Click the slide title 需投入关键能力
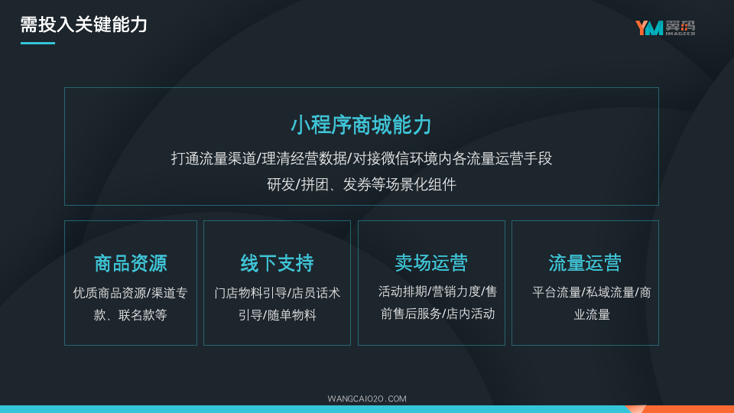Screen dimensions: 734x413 click(x=84, y=24)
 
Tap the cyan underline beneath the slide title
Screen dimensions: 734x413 click(x=38, y=43)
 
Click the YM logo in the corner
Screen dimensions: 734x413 click(x=664, y=28)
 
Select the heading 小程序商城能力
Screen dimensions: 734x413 click(x=361, y=125)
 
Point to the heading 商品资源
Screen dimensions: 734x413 click(x=131, y=263)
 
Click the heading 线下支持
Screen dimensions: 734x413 click(x=277, y=263)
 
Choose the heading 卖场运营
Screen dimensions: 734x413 click(x=431, y=262)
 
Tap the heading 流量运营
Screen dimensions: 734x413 click(x=585, y=262)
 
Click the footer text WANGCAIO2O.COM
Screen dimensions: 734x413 click(x=367, y=399)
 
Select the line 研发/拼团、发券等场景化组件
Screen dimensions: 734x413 click(x=362, y=184)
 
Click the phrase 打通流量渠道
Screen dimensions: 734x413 click(x=214, y=159)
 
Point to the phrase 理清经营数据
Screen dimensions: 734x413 click(x=304, y=159)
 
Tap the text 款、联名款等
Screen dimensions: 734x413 click(x=131, y=315)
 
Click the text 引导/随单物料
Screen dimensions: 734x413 click(x=277, y=315)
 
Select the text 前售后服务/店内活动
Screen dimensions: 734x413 click(x=437, y=314)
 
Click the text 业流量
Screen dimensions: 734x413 click(x=592, y=314)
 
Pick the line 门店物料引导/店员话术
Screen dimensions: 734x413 click(x=277, y=293)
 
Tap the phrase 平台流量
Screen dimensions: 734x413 click(x=557, y=293)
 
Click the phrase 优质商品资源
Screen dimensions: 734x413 click(x=110, y=293)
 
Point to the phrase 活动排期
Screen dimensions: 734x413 click(x=403, y=291)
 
